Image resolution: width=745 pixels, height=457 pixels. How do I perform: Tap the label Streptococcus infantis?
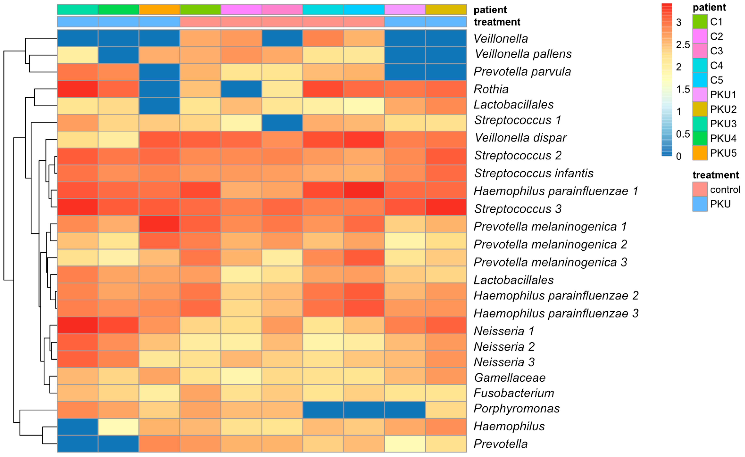click(x=533, y=173)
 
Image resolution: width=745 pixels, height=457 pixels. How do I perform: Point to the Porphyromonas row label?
click(x=516, y=409)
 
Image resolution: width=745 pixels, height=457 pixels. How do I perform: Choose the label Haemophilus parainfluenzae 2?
click(x=556, y=296)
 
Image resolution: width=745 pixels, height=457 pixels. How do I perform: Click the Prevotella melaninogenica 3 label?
click(x=550, y=262)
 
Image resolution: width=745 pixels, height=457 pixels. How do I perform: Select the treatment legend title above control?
click(x=715, y=175)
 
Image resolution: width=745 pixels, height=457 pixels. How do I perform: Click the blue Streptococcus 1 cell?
click(x=282, y=123)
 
